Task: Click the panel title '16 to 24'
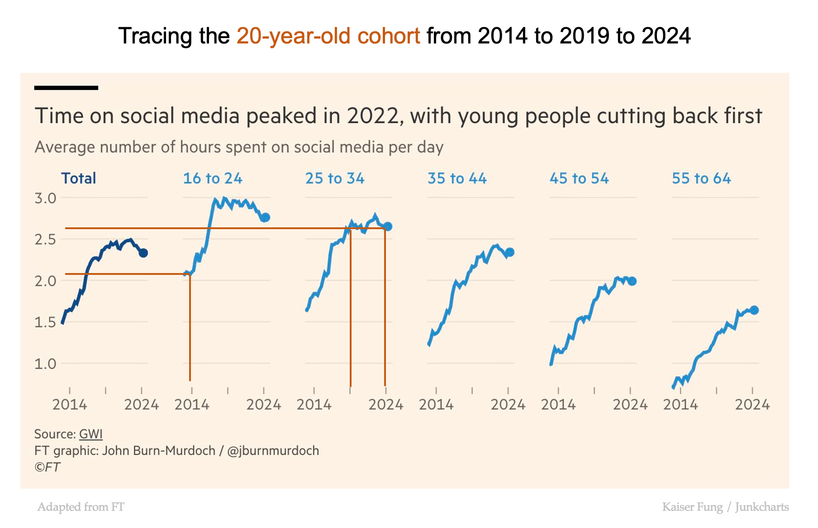[x=212, y=178]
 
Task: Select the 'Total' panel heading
[x=79, y=178]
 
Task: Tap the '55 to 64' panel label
[x=701, y=178]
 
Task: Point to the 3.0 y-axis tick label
[x=45, y=198]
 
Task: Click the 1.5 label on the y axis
[x=45, y=322]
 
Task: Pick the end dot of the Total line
[x=143, y=253]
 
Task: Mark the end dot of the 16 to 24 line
[x=266, y=217]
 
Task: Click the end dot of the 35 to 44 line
[x=510, y=252]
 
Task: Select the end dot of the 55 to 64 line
[x=754, y=310]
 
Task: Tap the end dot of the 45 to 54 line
[x=632, y=281]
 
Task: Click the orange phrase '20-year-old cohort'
[x=328, y=36]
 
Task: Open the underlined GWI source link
[x=91, y=434]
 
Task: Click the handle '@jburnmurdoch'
[x=273, y=451]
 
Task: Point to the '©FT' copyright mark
[x=47, y=467]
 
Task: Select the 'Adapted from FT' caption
[x=81, y=507]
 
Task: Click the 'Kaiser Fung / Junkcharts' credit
[x=725, y=507]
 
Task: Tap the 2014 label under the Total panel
[x=70, y=404]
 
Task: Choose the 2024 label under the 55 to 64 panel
[x=752, y=404]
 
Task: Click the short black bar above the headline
[x=66, y=88]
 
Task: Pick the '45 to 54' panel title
[x=579, y=178]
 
